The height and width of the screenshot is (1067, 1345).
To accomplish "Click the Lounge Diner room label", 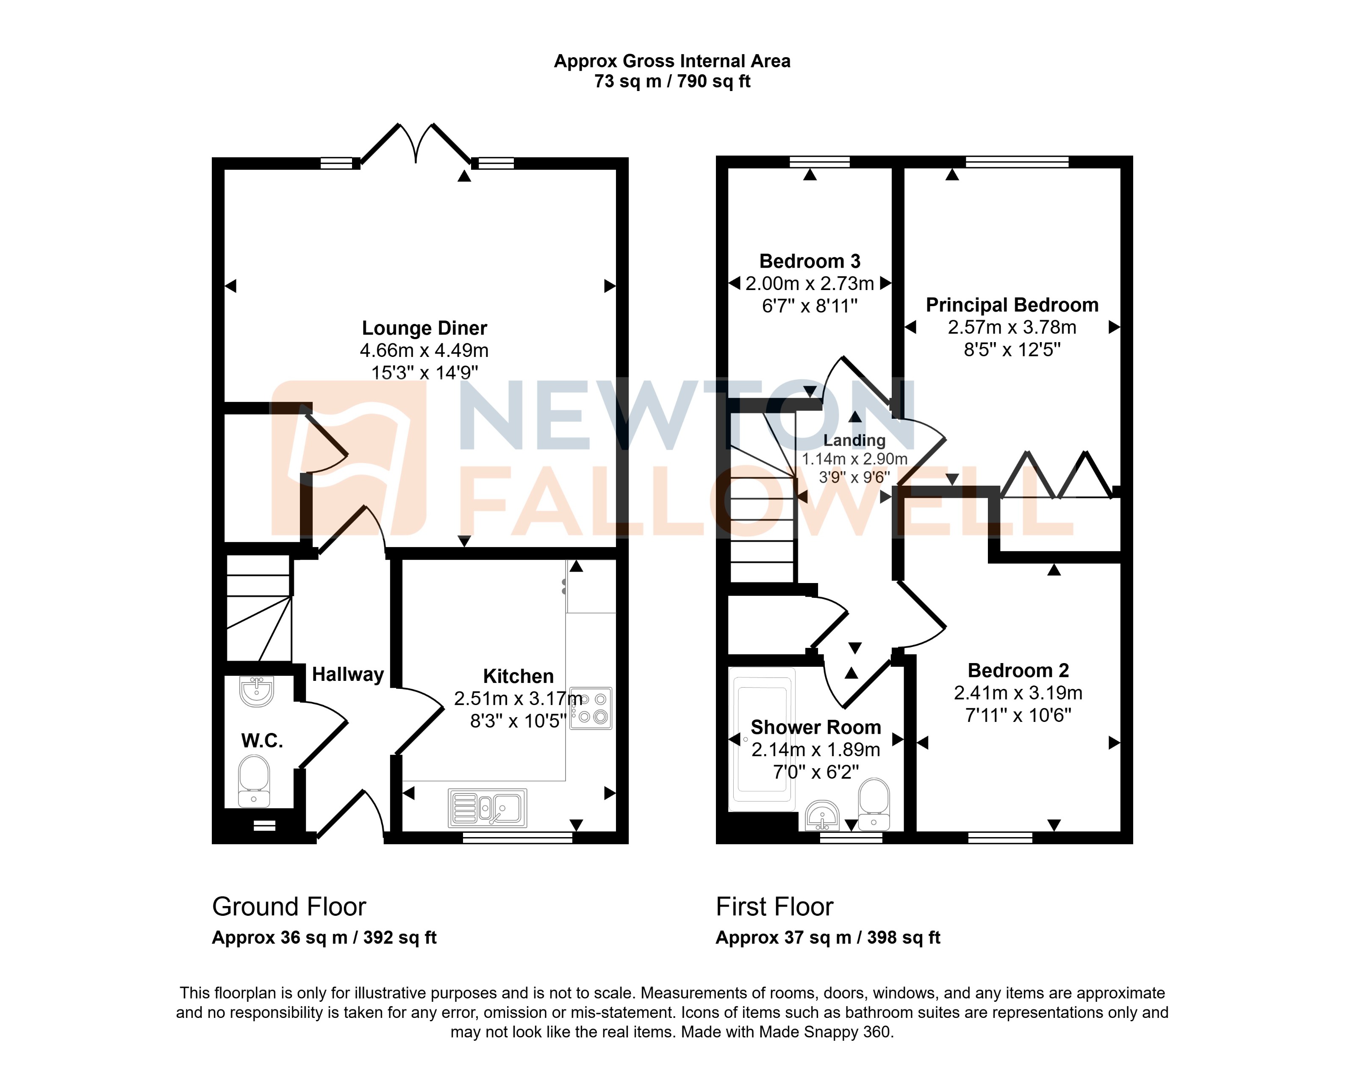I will [424, 328].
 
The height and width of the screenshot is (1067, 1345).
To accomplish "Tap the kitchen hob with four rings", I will [591, 708].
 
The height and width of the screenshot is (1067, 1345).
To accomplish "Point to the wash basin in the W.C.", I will [256, 691].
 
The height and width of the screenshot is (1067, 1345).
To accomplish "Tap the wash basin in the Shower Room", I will [822, 815].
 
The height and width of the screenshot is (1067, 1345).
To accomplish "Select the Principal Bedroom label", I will [1012, 305].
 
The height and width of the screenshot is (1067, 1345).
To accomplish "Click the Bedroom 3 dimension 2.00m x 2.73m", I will [810, 284].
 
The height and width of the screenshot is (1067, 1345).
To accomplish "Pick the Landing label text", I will [854, 440].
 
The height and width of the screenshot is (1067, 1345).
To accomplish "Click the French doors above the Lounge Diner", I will [416, 144].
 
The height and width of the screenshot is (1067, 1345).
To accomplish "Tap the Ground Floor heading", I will [289, 907].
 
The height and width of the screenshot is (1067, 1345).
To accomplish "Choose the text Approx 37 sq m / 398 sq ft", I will [828, 937].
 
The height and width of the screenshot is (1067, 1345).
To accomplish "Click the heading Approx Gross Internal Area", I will [672, 61].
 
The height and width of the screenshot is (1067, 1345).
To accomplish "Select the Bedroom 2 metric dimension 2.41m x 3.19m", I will [1018, 693].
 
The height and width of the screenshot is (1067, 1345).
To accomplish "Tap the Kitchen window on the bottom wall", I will [517, 838].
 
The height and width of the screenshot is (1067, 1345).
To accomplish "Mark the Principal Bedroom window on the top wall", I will [1017, 162].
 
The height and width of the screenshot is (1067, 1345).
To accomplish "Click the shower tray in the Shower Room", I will [762, 739].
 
